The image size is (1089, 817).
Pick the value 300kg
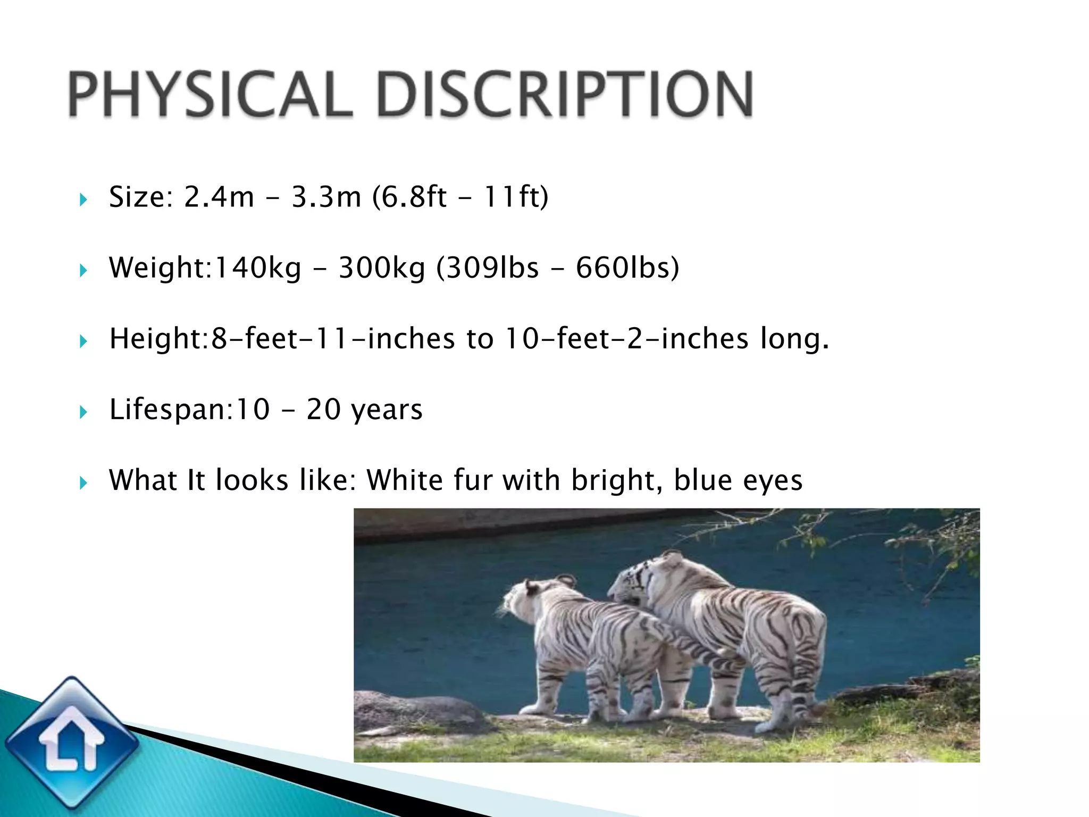point(382,268)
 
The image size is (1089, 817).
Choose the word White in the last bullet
point(405,480)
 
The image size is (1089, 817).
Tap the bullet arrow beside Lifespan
point(83,412)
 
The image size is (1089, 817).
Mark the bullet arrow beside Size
point(83,200)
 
